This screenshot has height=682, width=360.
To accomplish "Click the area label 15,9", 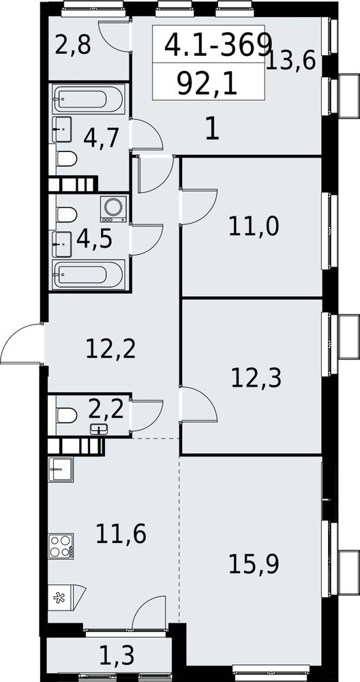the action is click(x=253, y=564).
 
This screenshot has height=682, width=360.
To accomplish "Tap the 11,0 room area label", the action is click(x=253, y=226).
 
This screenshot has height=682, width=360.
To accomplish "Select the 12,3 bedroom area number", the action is click(x=256, y=377).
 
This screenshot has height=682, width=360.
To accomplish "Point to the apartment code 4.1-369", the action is click(x=217, y=44).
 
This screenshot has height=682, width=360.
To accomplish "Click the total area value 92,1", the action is click(x=207, y=83).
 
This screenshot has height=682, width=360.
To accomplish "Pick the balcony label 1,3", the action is click(x=117, y=655).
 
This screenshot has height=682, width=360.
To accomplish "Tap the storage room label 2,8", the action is click(x=73, y=45).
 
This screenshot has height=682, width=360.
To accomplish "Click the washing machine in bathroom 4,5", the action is click(x=113, y=209).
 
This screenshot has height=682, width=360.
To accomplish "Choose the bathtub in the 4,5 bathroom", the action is click(x=89, y=274).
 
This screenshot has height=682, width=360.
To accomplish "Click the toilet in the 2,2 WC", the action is click(x=67, y=415).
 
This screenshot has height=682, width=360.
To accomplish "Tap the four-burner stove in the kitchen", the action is click(x=61, y=546).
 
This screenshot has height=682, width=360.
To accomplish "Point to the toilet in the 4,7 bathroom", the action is click(x=67, y=159).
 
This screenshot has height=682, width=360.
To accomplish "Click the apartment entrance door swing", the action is click(x=22, y=343).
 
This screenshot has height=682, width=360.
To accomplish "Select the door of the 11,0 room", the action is click(x=198, y=207).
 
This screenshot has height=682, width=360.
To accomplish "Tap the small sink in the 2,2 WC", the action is click(x=99, y=429).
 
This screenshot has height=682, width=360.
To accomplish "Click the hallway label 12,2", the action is click(x=111, y=349).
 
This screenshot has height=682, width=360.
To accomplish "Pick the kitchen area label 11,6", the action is click(x=121, y=534).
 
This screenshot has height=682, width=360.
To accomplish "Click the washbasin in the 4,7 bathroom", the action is click(x=62, y=129).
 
